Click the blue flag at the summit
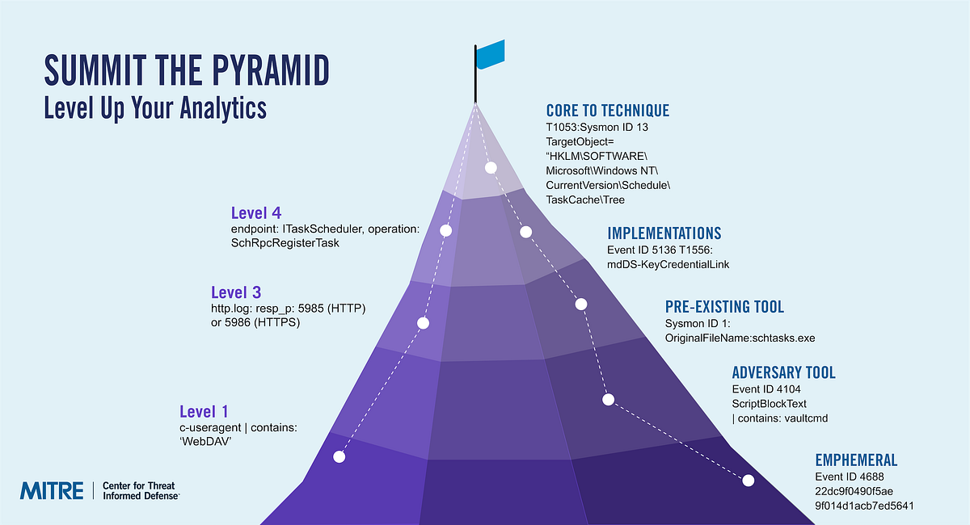(491, 55)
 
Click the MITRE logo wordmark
(52, 489)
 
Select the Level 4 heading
(256, 214)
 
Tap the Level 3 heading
(235, 292)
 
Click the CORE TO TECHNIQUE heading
(608, 111)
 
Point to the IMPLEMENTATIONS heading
(664, 233)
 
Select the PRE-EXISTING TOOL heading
(724, 307)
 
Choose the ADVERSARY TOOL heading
(783, 372)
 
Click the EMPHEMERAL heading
(856, 460)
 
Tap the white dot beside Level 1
(339, 457)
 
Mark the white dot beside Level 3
(422, 323)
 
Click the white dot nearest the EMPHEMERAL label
(748, 481)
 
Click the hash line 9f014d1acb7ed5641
(864, 506)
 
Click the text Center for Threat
(139, 485)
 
